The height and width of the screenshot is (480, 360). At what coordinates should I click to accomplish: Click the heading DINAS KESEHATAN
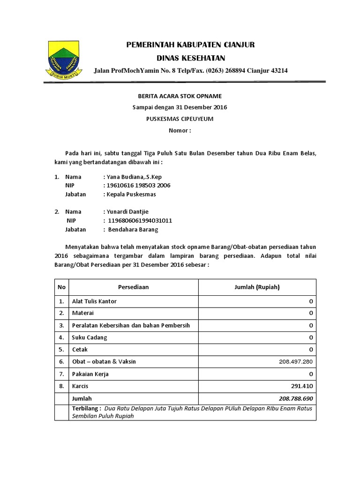(x=190, y=58)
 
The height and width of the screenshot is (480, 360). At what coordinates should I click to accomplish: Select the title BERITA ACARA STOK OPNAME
(x=180, y=96)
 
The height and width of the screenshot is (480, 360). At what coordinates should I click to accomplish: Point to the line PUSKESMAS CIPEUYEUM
(x=180, y=119)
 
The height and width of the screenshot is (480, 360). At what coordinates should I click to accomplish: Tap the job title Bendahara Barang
(x=133, y=230)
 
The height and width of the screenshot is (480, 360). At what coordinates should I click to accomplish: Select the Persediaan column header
(x=134, y=287)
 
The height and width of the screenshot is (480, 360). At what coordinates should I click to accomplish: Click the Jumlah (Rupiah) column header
(x=257, y=287)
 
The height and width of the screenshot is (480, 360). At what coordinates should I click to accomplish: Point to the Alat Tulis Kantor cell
(x=94, y=301)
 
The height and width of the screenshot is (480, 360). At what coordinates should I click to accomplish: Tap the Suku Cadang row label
(x=89, y=337)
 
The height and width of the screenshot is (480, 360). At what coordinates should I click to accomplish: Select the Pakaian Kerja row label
(x=90, y=374)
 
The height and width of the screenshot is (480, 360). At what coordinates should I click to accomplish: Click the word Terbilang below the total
(x=86, y=408)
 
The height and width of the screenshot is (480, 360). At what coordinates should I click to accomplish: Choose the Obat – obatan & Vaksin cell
(x=104, y=362)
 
